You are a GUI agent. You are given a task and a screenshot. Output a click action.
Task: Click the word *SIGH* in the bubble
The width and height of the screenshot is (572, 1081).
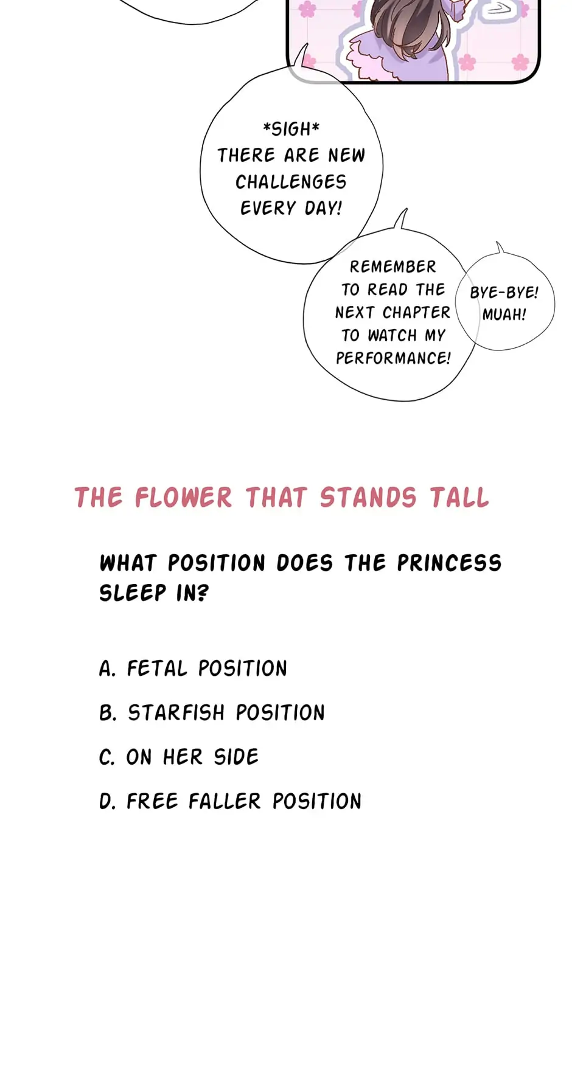[x=291, y=129]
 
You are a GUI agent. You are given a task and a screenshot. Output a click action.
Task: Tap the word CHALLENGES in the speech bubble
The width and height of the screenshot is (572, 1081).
[x=291, y=182]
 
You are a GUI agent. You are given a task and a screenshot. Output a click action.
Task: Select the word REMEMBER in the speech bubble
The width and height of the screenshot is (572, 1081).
[x=393, y=267]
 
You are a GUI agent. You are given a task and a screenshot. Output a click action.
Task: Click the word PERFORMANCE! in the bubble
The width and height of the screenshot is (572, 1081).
[x=393, y=358]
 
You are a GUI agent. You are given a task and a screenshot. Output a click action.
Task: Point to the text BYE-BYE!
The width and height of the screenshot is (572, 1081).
[x=504, y=293]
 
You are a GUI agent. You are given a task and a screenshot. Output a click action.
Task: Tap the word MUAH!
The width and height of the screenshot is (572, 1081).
[x=504, y=315]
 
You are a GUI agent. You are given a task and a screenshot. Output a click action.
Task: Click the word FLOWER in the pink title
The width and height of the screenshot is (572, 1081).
[x=183, y=498]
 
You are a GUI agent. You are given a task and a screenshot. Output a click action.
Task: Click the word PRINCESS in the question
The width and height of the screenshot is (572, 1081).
[x=449, y=563]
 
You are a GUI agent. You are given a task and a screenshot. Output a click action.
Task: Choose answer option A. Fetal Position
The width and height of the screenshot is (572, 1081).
[x=193, y=669]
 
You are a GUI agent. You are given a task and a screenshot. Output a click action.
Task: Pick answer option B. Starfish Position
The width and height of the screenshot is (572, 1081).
[x=212, y=712]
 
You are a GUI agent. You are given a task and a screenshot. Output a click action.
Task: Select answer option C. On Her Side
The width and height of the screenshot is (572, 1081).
[x=179, y=757]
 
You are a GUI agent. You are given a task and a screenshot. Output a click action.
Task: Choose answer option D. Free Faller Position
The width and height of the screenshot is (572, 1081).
[x=230, y=801]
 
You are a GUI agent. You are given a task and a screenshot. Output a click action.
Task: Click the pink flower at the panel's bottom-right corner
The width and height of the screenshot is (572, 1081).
[x=520, y=62]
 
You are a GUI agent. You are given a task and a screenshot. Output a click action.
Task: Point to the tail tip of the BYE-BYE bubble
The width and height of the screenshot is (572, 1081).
[x=498, y=242]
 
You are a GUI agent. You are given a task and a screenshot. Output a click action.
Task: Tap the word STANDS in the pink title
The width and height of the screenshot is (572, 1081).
[x=368, y=498]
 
